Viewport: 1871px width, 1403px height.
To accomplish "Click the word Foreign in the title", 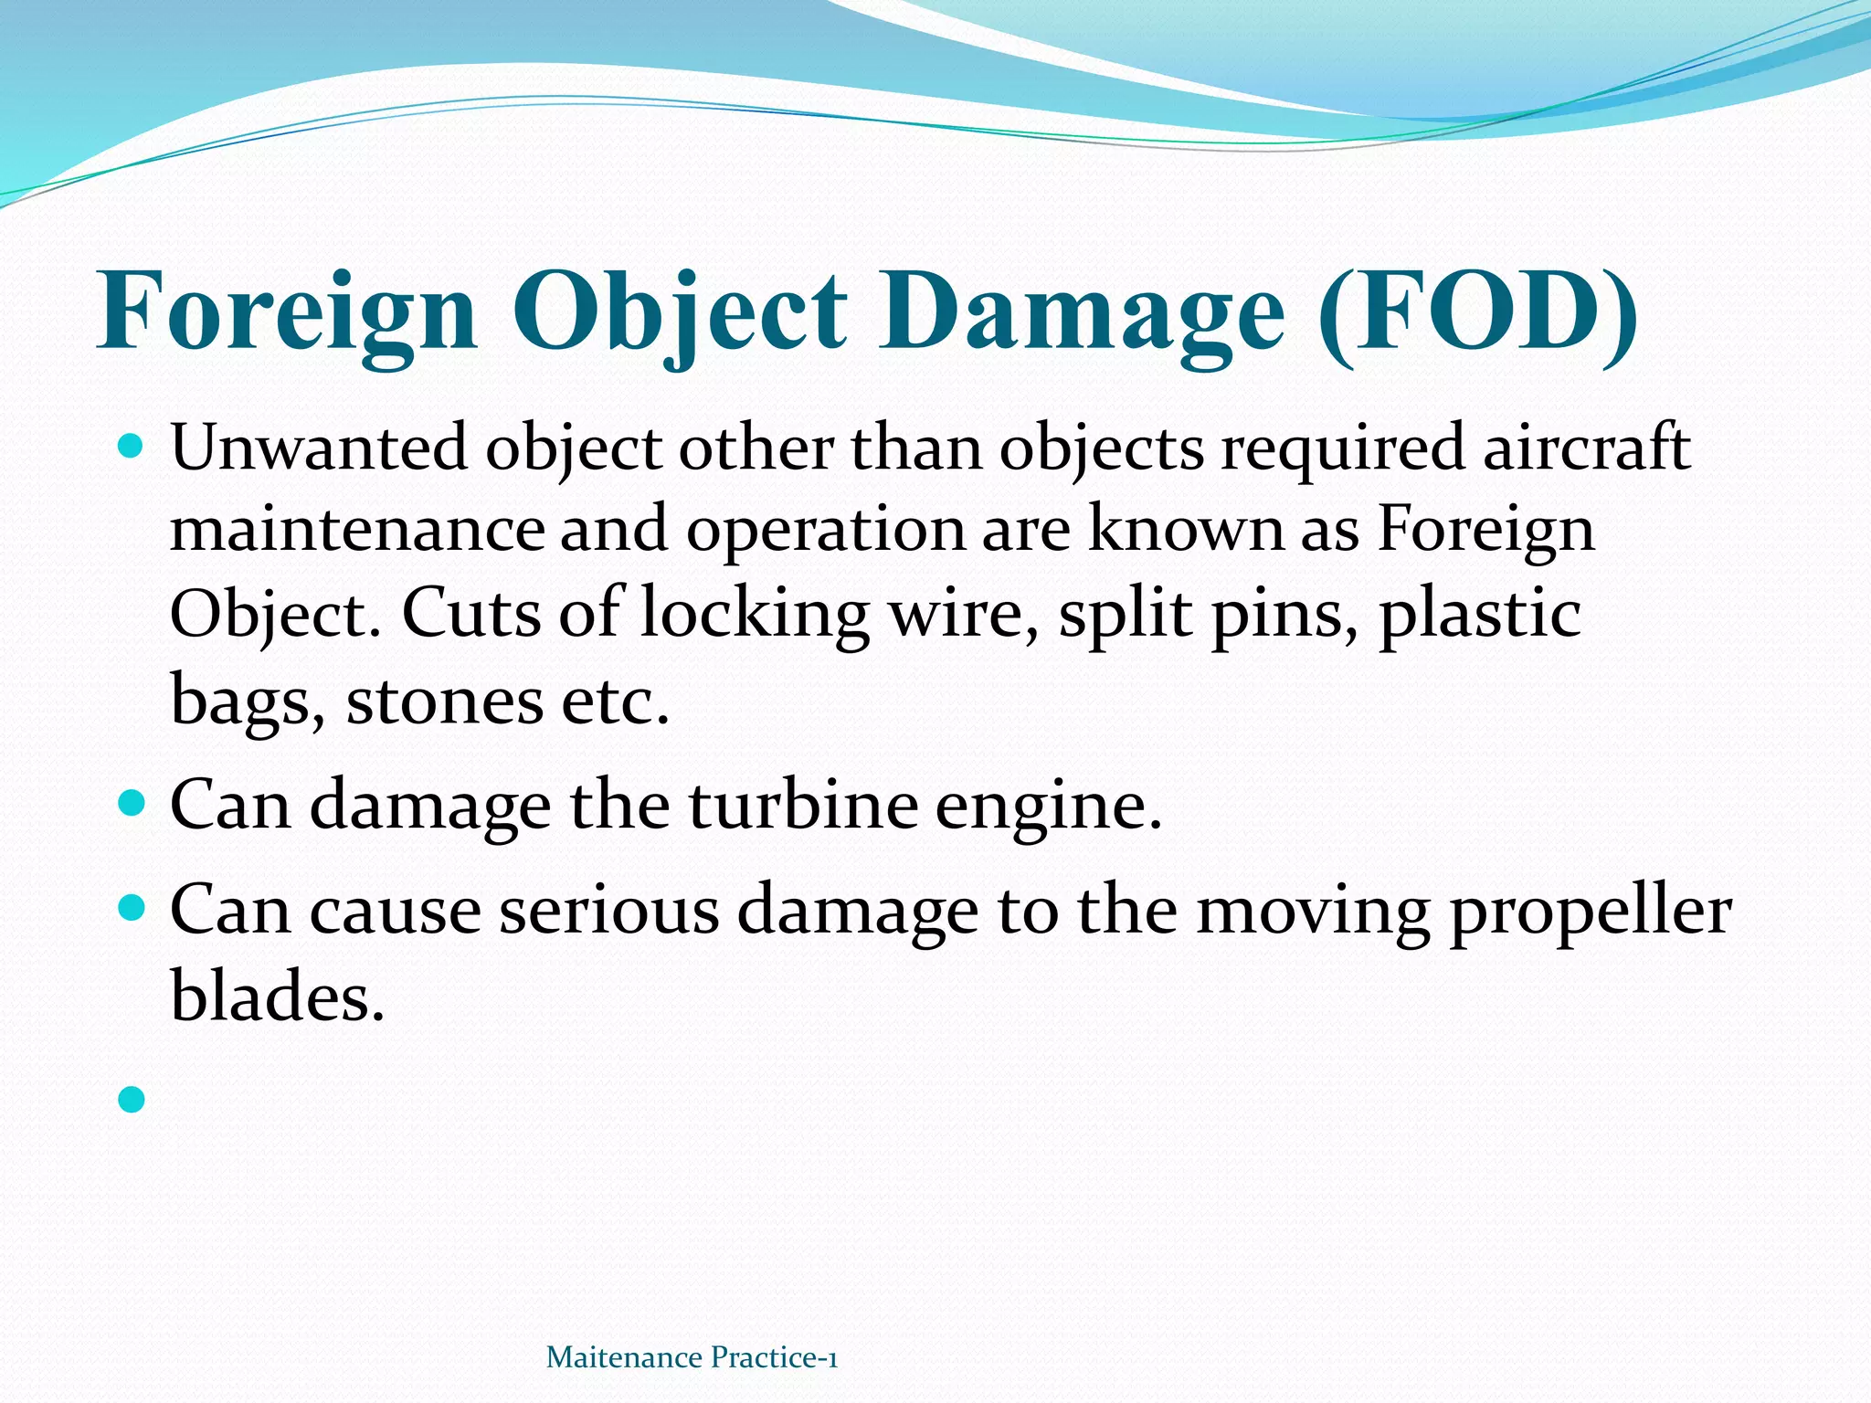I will point(287,312).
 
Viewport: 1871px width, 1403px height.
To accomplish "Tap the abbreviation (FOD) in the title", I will point(1477,312).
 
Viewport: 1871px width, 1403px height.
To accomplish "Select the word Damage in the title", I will point(1082,312).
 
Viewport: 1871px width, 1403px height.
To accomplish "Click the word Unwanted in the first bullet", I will point(319,448).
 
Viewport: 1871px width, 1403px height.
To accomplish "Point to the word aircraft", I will point(1586,448).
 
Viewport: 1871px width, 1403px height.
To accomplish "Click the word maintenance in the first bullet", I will point(356,530).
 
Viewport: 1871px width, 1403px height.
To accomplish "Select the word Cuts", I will point(471,613).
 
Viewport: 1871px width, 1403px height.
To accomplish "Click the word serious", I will point(608,911).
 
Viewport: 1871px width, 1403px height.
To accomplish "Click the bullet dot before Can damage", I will point(132,804).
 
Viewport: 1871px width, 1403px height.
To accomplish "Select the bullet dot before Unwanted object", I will point(132,447).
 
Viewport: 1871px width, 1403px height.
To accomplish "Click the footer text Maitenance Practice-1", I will point(692,1357).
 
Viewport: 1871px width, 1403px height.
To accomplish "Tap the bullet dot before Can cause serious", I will point(132,908).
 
